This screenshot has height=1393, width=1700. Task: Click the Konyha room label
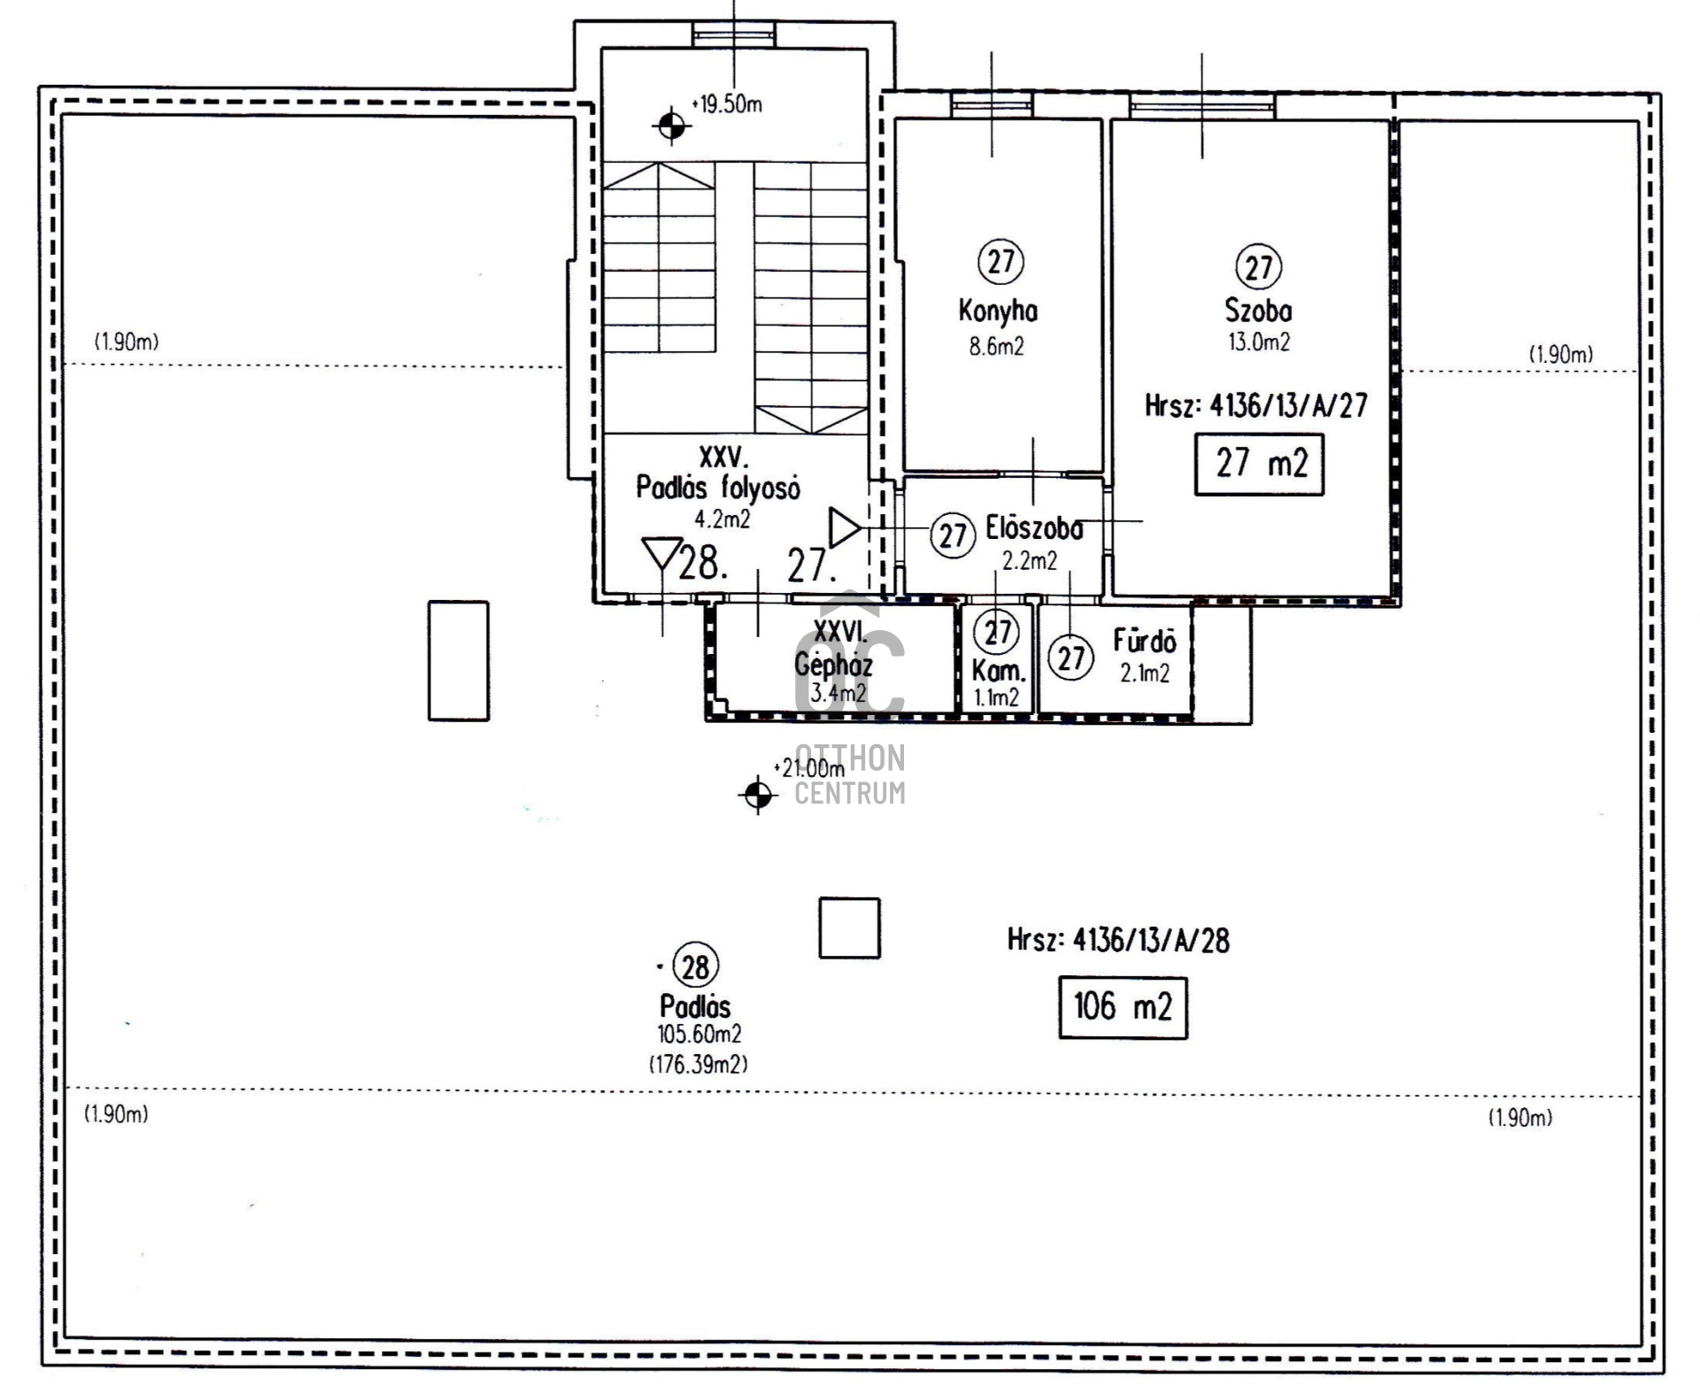click(x=998, y=311)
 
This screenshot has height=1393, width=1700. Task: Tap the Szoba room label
click(x=1258, y=311)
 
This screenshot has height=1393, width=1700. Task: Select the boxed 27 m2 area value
click(x=1259, y=464)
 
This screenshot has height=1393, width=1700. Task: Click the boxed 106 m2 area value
click(x=1123, y=1007)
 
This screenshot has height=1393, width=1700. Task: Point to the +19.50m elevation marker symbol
click(x=672, y=127)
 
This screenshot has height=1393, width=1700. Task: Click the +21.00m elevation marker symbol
click(x=758, y=795)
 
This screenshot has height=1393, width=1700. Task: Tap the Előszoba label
click(x=1034, y=529)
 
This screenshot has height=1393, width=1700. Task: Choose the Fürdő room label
click(x=1145, y=641)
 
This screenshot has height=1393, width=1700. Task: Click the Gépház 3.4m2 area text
click(x=838, y=693)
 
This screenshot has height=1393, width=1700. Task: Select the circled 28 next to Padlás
click(x=696, y=966)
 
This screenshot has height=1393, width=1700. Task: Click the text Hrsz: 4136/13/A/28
click(x=1118, y=940)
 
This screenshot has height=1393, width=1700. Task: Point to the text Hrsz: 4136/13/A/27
click(x=1256, y=405)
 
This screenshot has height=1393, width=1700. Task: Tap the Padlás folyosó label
click(x=718, y=488)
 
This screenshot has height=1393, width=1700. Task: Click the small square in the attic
click(x=849, y=927)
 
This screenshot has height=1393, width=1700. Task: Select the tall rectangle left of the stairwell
click(x=459, y=660)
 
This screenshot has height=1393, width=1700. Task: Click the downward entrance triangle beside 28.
click(x=662, y=554)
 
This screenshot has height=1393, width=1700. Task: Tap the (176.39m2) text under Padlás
click(x=699, y=1064)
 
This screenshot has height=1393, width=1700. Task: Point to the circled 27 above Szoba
click(x=1259, y=266)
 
